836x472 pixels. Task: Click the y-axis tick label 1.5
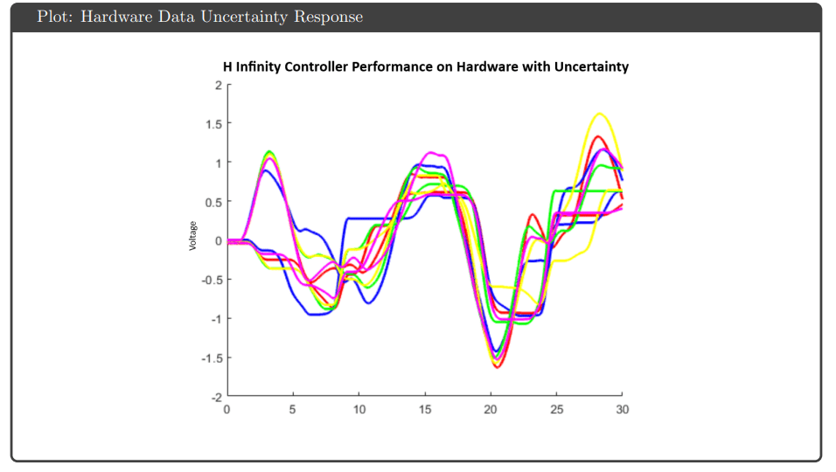[212, 123]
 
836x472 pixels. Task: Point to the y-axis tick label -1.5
[211, 357]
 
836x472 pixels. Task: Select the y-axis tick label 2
[217, 85]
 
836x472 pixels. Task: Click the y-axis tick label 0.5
[212, 202]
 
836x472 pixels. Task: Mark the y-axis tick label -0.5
[211, 280]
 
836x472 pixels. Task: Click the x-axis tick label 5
[293, 409]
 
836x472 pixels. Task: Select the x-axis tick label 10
[359, 409]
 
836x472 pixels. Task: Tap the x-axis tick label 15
[425, 409]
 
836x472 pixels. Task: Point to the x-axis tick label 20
[491, 409]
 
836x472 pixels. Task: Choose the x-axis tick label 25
[557, 409]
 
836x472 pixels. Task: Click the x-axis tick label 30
[623, 409]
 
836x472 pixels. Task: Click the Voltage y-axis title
[192, 236]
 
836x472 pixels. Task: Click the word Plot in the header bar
[53, 17]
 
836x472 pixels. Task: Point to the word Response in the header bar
[329, 17]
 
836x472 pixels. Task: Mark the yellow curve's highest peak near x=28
[600, 114]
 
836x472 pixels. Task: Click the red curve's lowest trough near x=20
[497, 367]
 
